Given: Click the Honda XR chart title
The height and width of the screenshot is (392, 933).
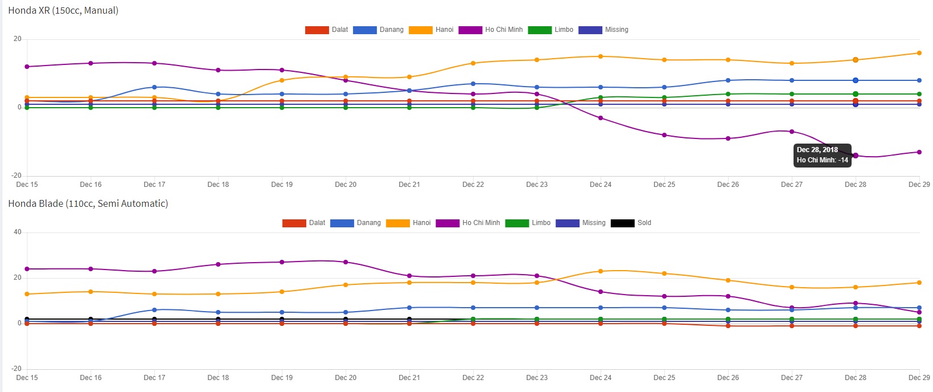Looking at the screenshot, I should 63,10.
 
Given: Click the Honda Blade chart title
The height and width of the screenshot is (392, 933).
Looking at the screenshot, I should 88,203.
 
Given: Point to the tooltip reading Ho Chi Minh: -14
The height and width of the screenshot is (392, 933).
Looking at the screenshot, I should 822,155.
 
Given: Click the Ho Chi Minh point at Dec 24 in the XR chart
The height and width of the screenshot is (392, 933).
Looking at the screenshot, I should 601,118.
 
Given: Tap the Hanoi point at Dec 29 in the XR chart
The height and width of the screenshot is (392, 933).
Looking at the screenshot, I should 919,53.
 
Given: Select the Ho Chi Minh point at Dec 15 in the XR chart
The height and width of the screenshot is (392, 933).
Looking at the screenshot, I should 27,67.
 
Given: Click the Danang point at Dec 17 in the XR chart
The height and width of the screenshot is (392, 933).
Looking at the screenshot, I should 154,87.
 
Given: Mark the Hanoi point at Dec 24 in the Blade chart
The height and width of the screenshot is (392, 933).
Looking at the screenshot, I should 601,271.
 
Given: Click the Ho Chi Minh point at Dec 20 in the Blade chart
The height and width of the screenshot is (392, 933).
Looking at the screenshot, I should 346,262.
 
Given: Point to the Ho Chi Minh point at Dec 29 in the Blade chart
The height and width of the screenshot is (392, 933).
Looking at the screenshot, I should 919,312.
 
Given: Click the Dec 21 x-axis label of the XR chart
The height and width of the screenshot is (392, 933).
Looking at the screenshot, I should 409,185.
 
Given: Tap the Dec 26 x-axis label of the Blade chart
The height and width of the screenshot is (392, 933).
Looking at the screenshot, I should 728,378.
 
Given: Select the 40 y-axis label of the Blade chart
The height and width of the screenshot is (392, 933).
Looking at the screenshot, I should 18,232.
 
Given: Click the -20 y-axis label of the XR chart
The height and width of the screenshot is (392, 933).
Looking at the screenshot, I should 17,175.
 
